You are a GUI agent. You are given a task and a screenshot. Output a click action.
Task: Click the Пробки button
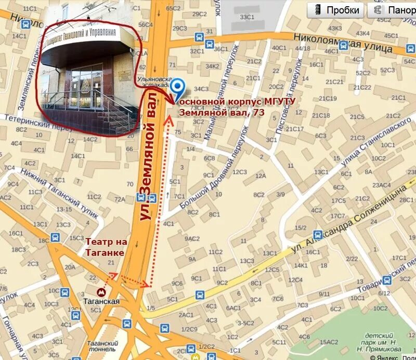coord(335,10)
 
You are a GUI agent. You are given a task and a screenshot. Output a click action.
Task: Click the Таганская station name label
coord(101,301)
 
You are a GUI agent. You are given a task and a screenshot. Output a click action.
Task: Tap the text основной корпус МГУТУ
coord(237,101)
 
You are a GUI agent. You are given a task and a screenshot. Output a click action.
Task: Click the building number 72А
coord(120,199)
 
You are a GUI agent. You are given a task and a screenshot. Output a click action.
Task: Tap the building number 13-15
coord(64,209)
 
